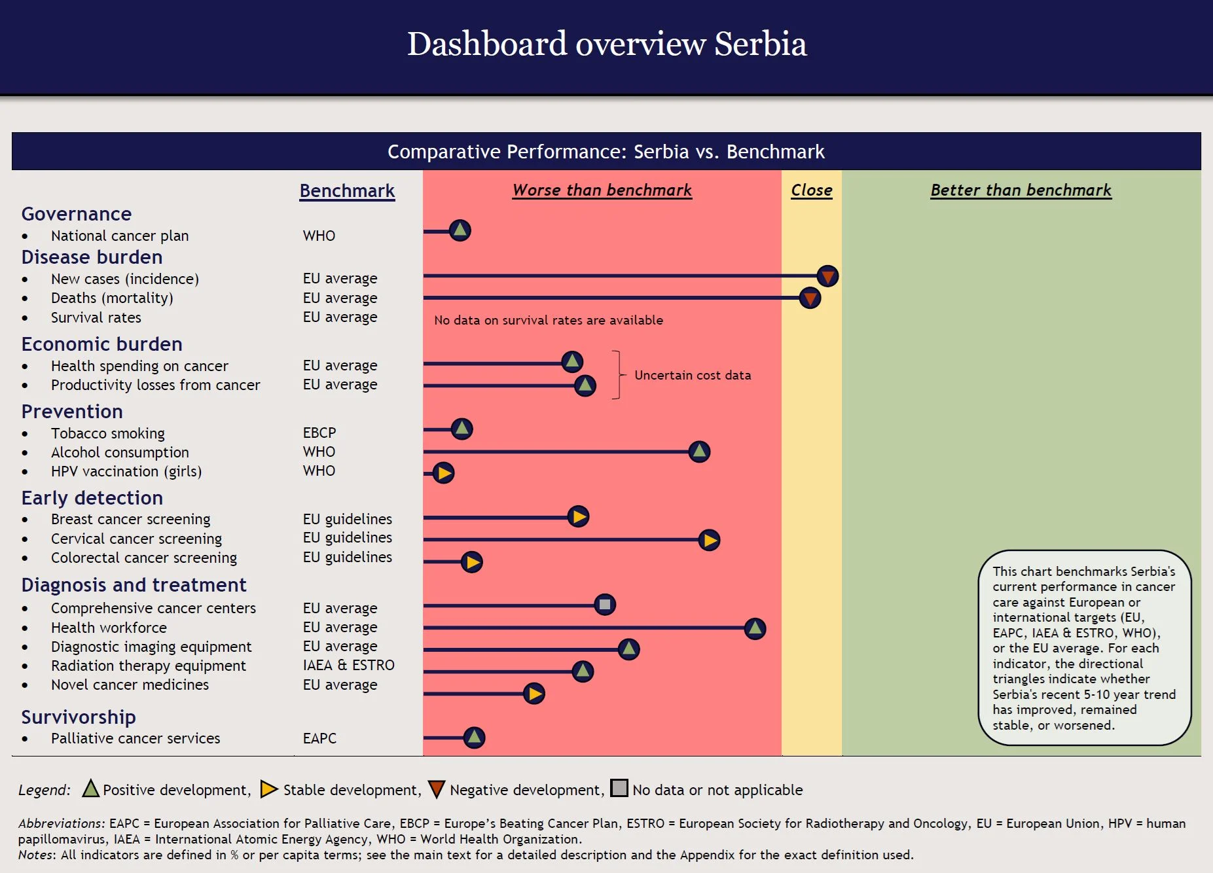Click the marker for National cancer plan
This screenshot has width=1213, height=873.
point(460,230)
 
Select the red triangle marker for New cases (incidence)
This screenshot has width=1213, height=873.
point(827,276)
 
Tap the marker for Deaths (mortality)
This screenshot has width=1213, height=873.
point(810,298)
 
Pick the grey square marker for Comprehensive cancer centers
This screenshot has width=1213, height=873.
point(605,604)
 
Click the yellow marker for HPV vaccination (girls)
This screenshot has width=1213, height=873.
point(444,472)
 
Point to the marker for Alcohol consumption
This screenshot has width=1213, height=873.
point(699,451)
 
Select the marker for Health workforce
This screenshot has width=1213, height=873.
point(755,628)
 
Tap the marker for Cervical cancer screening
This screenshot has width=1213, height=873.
point(709,540)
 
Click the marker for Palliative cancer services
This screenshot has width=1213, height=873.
point(474,738)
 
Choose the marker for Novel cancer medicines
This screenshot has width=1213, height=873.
point(534,694)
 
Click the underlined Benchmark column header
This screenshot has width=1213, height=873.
point(347,191)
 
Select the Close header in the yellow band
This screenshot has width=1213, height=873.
point(811,190)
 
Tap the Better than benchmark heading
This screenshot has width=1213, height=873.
point(1021,190)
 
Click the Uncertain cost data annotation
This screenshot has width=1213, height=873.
point(693,375)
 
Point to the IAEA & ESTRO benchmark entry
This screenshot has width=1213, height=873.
point(348,666)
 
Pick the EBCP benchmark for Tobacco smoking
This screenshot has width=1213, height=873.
point(319,433)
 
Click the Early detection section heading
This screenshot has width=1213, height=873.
point(92,498)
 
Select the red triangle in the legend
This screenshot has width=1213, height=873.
point(437,789)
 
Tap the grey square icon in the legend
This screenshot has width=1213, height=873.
point(619,788)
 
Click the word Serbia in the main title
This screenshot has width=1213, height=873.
point(760,44)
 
